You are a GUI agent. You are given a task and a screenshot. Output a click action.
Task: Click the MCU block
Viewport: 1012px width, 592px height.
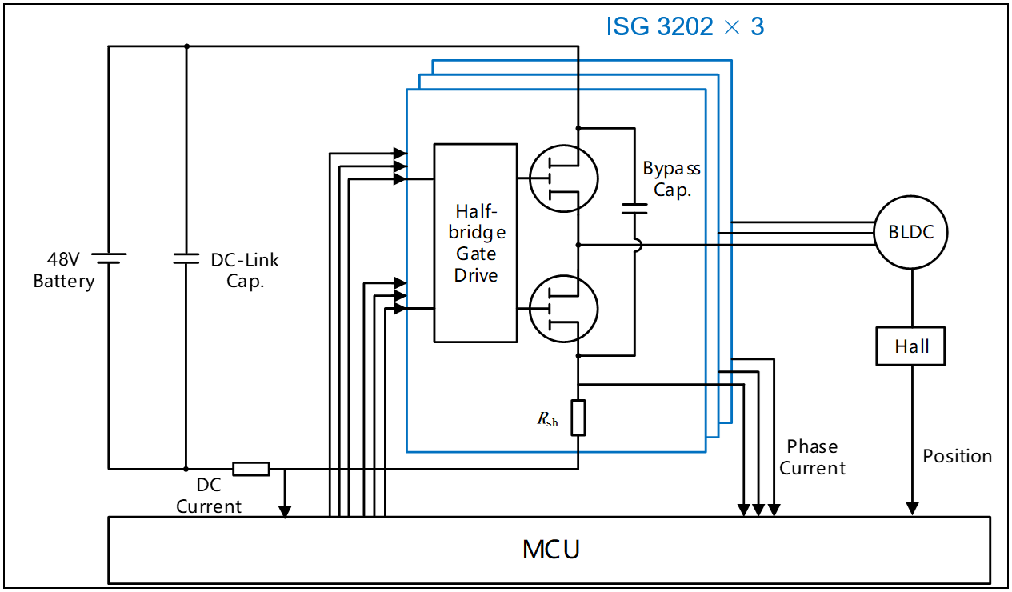point(551,550)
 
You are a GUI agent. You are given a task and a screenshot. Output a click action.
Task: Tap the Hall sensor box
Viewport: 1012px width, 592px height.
point(911,346)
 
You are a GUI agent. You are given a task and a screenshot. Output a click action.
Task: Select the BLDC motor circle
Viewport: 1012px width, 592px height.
point(911,233)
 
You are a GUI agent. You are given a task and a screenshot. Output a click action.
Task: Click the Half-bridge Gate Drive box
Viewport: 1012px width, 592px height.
point(475,243)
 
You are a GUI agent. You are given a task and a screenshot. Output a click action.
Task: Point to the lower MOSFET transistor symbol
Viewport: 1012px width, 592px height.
point(563,310)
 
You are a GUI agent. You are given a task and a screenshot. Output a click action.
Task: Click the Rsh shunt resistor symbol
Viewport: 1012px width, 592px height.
point(578,418)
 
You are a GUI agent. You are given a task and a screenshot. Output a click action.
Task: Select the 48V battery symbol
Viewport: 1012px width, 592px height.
point(109,258)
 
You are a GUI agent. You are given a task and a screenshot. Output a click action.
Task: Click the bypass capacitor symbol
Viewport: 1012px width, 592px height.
point(634,210)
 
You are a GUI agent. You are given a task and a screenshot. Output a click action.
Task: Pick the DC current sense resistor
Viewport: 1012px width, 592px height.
point(251,469)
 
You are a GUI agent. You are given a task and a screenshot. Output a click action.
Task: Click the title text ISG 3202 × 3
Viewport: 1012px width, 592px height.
point(685,26)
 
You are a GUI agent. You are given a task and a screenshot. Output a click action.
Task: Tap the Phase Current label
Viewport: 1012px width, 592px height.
point(812,458)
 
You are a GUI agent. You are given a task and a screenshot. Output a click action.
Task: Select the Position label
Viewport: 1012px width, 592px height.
point(957,456)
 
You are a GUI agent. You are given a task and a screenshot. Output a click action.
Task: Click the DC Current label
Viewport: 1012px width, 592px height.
point(209,496)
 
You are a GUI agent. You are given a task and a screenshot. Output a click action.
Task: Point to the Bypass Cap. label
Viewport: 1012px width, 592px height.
point(672,179)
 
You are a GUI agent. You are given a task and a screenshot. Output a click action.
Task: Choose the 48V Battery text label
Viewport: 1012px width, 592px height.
point(64,270)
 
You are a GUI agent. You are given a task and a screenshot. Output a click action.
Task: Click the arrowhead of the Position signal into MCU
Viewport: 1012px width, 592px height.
point(911,510)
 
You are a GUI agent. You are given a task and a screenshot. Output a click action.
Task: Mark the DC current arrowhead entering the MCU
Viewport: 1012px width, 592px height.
point(285,511)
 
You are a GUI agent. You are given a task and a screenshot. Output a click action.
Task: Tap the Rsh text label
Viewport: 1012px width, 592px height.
point(548,419)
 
